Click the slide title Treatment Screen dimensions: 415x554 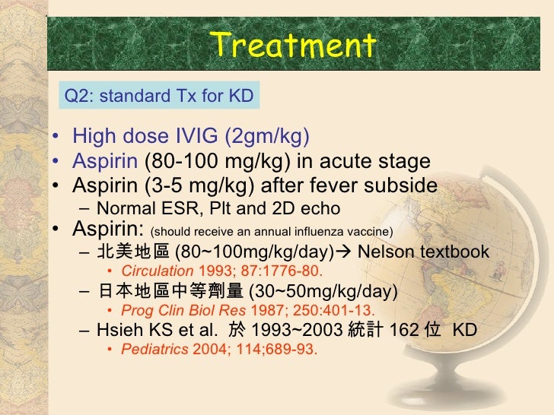pos(293,45)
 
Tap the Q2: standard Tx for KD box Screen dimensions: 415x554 pos(158,97)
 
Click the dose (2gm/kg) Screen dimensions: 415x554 pos(267,137)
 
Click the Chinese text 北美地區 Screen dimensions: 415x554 pos(125,252)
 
